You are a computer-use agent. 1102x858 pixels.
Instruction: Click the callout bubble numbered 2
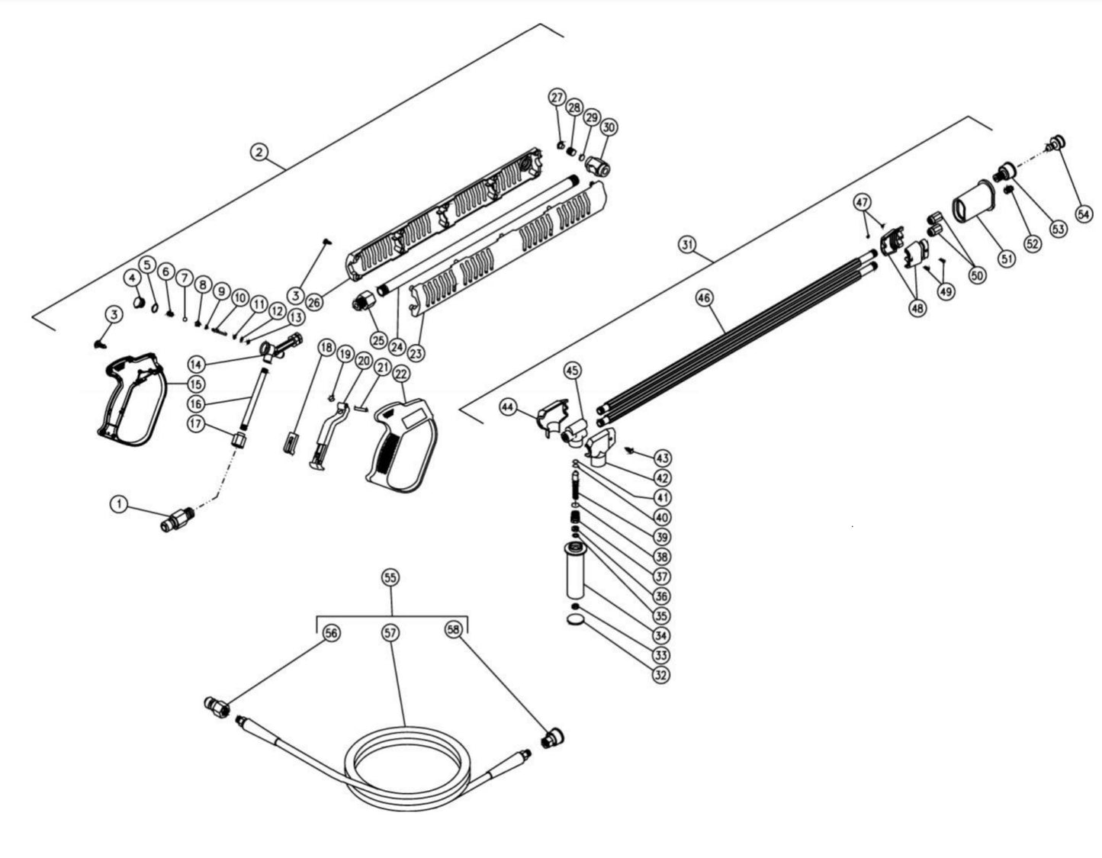pyautogui.click(x=260, y=153)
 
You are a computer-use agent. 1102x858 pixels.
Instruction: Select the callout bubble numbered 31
pyautogui.click(x=689, y=244)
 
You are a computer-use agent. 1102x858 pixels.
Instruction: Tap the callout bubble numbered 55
pyautogui.click(x=390, y=578)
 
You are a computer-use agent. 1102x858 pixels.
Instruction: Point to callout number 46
pyautogui.click(x=704, y=297)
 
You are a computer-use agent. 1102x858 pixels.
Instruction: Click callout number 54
pyautogui.click(x=1084, y=214)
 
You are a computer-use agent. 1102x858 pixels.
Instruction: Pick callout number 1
pyautogui.click(x=118, y=503)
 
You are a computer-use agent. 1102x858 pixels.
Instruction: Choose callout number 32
pyautogui.click(x=662, y=675)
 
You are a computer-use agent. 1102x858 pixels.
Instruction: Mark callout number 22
pyautogui.click(x=401, y=374)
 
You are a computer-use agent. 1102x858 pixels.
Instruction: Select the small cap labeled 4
pyautogui.click(x=138, y=303)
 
